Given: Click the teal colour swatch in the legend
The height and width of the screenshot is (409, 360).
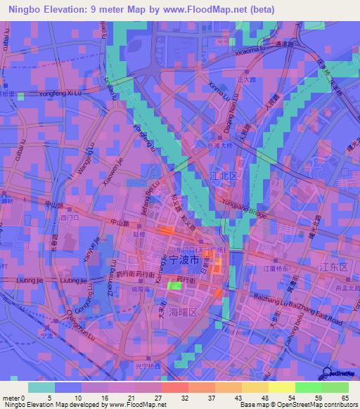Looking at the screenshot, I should coord(41,387).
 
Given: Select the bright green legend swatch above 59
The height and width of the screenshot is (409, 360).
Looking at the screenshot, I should coord(309,387).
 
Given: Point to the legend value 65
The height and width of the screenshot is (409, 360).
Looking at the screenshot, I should coord(345,398).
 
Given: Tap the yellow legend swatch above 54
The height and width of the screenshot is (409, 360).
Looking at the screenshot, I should coord(281,387).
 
